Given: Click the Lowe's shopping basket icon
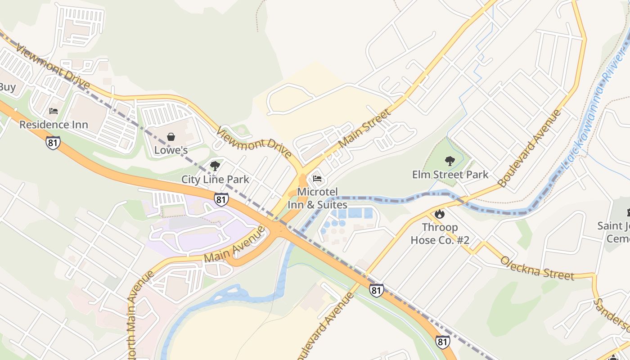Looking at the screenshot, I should tap(171, 137).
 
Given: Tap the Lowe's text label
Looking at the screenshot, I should tap(171, 150).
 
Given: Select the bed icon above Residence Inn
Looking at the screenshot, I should tap(54, 111).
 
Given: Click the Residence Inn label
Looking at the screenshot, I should tap(54, 124).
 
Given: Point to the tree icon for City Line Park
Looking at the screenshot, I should tap(215, 166).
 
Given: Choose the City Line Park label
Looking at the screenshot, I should tap(215, 179).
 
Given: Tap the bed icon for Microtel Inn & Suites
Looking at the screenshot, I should tap(317, 179).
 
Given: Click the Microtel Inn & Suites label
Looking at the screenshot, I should tap(318, 198).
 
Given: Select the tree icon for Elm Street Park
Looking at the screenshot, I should tap(450, 161).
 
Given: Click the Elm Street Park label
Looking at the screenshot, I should tap(450, 174).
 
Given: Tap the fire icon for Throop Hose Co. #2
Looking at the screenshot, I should tap(440, 214).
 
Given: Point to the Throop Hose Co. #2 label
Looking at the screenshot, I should tap(440, 234).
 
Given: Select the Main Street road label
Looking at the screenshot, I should tap(364, 129).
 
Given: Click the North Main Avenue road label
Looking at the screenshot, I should tap(135, 315).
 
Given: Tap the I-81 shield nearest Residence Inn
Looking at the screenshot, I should tap(53, 143).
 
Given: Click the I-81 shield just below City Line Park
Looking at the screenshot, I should tap(221, 199).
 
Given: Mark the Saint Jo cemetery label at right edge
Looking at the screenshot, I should tap(614, 232).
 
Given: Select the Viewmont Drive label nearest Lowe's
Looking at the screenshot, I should tap(254, 143).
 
